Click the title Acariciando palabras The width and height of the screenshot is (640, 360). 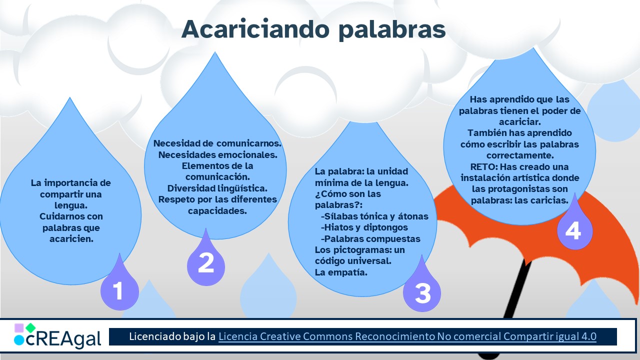[313, 29]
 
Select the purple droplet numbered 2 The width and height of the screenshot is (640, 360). [205, 261]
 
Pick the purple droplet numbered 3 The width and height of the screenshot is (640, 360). [422, 291]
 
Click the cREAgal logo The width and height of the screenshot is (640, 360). [57, 336]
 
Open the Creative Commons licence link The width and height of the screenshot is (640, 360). [407, 336]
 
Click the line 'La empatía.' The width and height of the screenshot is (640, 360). [334, 272]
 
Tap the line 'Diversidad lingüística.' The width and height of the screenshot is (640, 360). [217, 188]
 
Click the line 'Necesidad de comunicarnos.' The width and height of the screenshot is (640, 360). [217, 143]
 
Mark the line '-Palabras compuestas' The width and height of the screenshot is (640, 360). [370, 238]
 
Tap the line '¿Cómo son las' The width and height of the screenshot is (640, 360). [341, 193]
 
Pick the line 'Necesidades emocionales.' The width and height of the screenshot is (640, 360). [217, 154]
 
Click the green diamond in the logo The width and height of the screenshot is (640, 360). [30, 328]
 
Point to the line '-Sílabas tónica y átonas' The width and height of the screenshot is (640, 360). [375, 216]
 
